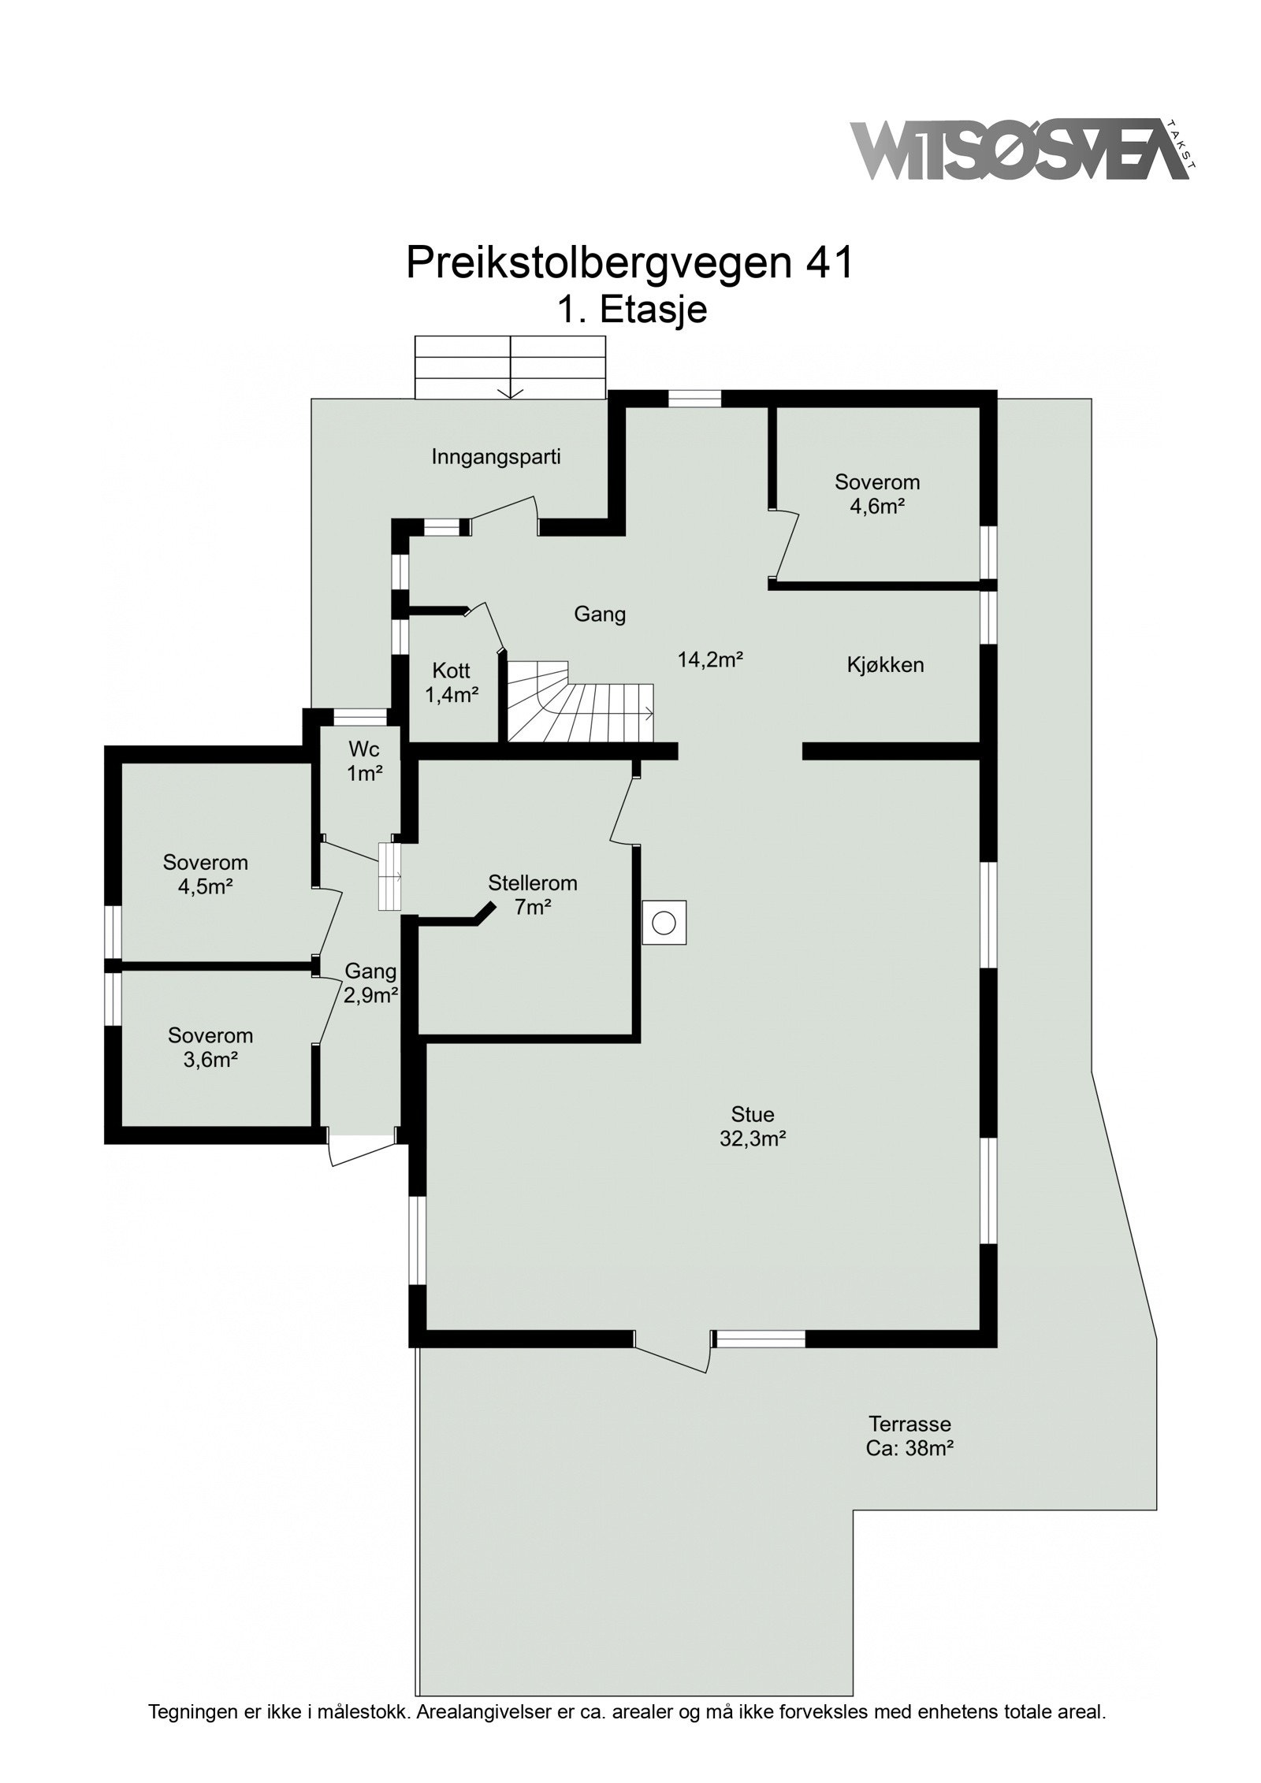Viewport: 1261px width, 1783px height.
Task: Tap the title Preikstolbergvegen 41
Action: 630,262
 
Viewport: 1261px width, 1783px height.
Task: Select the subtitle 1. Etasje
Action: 632,310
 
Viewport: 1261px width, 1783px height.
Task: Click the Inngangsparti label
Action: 496,457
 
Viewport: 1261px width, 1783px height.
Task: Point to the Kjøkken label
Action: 885,665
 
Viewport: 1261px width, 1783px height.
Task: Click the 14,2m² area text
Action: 711,659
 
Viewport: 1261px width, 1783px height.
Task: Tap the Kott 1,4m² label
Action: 452,682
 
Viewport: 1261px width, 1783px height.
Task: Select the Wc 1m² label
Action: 364,760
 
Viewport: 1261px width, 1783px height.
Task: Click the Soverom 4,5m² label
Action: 205,875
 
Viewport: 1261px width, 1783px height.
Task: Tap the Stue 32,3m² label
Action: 753,1126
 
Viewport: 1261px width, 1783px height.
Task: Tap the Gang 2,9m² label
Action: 370,983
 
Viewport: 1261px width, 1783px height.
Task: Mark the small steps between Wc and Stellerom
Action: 389,877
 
